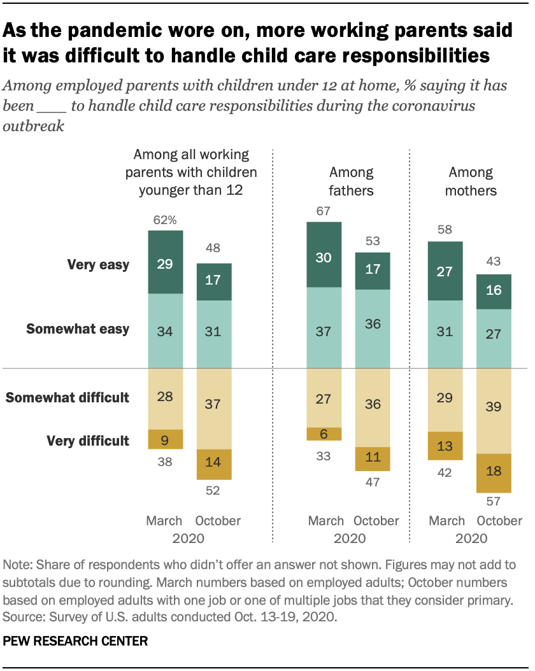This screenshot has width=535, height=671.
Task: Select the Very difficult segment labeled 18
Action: point(494,472)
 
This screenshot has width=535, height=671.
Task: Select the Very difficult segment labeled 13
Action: point(446,446)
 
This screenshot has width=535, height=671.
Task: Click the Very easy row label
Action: point(98,265)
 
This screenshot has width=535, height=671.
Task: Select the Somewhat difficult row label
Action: point(68,398)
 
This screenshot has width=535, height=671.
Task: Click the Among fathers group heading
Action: point(351,181)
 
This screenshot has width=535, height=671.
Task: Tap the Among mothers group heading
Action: point(471,181)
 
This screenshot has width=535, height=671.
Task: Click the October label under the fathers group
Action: point(376,521)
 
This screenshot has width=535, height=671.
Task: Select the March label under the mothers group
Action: point(446,521)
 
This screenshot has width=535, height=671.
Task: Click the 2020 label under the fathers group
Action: point(350,539)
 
